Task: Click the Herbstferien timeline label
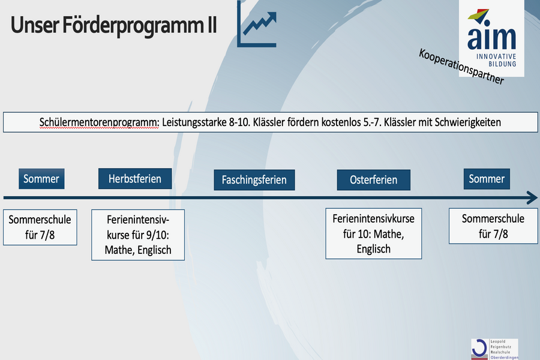135,178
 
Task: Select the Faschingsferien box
254,180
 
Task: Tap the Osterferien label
374,180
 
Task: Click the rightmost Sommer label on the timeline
487,179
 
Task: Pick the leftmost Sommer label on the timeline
41,179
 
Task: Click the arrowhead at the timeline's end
532,198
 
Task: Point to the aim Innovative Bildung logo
491,38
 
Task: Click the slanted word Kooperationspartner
461,67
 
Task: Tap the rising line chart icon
257,24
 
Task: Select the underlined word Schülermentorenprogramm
99,122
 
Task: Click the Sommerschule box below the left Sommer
40,227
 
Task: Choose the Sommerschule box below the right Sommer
493,226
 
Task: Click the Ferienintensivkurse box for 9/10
138,235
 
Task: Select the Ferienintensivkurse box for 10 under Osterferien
374,233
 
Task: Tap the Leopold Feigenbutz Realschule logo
494,349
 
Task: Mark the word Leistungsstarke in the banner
194,122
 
